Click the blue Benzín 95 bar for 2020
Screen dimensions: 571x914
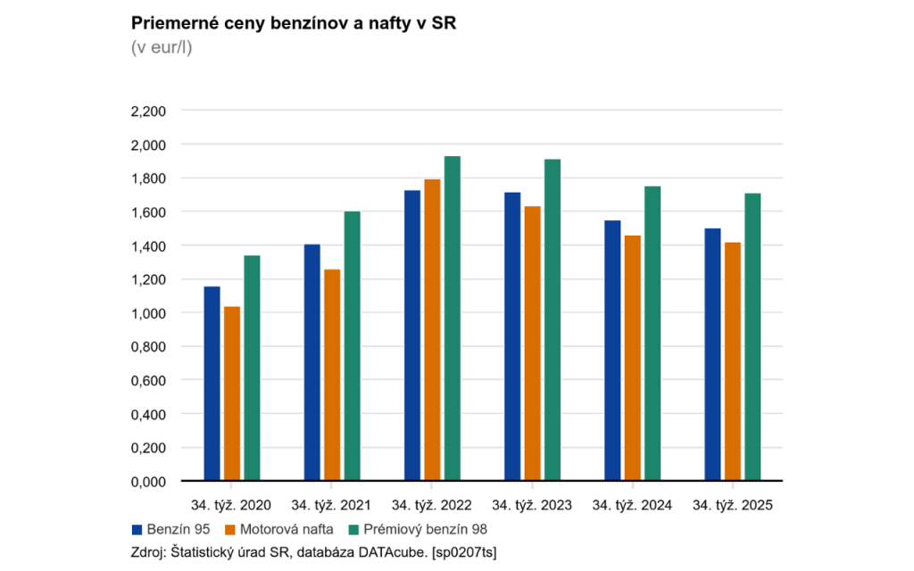212,384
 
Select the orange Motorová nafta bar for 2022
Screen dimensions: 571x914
432,330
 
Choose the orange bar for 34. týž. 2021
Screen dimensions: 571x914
332,375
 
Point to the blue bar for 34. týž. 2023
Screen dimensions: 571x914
511,336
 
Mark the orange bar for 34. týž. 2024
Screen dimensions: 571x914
633,358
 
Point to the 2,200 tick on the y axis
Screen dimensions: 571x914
148,111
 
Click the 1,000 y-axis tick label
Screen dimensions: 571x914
148,313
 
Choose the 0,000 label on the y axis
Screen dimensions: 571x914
148,482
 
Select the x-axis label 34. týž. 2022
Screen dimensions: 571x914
432,506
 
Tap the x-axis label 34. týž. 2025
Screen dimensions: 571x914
733,506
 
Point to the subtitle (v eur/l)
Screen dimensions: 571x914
162,47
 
